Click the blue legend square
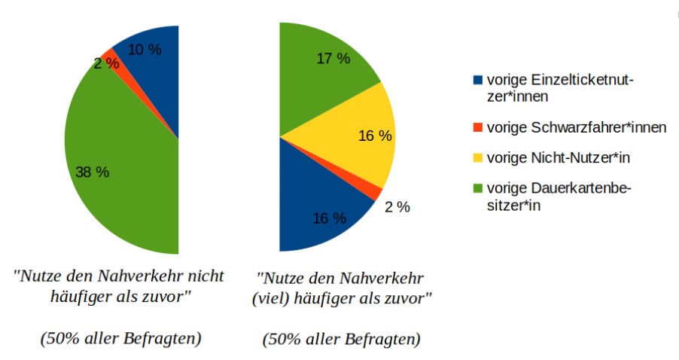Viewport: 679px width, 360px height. [477, 80]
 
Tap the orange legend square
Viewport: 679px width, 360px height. [477, 127]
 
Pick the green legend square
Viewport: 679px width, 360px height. [477, 188]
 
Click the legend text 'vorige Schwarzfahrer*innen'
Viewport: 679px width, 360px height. [577, 127]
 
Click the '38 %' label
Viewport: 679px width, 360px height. [93, 172]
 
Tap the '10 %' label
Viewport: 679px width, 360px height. [145, 50]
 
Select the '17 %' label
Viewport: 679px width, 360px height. [333, 59]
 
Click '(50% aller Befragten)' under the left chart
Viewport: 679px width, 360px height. [120, 338]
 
